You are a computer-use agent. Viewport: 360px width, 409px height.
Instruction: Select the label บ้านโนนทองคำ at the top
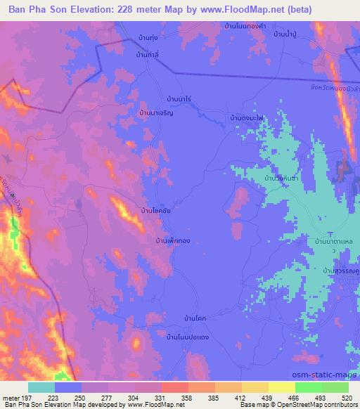[244, 25]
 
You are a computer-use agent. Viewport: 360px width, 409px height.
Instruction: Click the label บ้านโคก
[194, 318]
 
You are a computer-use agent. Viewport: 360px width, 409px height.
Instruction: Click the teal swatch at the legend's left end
[41, 387]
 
